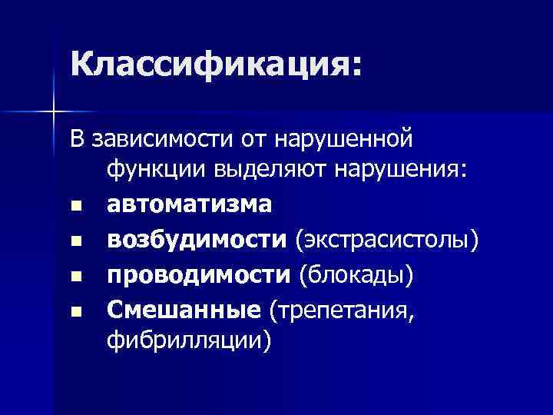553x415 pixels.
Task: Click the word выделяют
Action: (x=266, y=169)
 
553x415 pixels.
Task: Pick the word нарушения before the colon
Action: (x=398, y=169)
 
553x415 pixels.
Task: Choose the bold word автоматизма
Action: (x=189, y=204)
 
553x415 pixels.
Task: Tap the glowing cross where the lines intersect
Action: (x=53, y=112)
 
